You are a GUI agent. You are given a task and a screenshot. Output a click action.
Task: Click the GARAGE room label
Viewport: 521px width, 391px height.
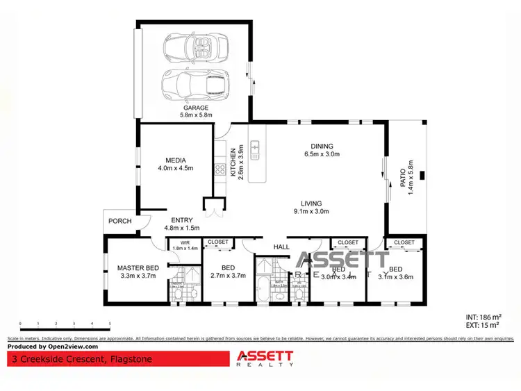point(196,108)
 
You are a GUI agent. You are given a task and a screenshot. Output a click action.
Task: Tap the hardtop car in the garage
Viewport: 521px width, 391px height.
point(195,85)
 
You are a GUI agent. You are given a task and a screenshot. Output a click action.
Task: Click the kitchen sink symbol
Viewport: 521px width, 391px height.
point(255,147)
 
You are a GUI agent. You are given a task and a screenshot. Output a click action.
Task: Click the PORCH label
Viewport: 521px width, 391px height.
point(119,222)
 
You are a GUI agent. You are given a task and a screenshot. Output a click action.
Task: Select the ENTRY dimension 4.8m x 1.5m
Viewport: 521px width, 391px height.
point(181,228)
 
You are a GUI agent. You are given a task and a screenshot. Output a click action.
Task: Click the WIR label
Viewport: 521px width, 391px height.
point(185,242)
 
